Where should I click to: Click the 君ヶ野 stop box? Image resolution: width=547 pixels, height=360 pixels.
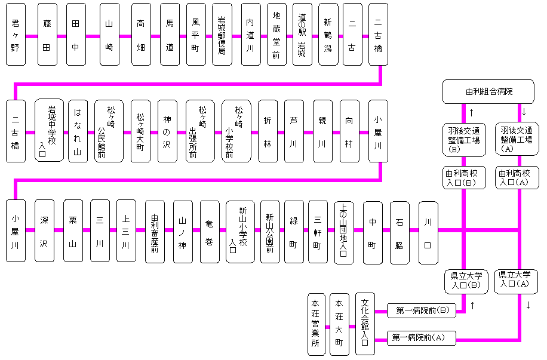pyautogui.click(x=16, y=35)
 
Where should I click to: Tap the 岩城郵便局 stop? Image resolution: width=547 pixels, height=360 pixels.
pyautogui.click(x=222, y=35)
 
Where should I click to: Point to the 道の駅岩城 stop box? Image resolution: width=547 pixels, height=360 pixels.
pyautogui.click(x=302, y=35)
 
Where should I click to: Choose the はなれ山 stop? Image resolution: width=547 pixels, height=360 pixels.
pyautogui.click(x=78, y=131)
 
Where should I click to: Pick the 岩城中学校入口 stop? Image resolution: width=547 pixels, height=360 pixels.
pyautogui.click(x=49, y=131)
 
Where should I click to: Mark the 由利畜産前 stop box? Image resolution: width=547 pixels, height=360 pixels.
pyautogui.click(x=155, y=230)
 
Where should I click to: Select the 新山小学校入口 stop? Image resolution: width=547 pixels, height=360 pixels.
pyautogui.click(x=240, y=230)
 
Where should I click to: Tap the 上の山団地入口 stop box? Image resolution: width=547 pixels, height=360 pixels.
pyautogui.click(x=344, y=230)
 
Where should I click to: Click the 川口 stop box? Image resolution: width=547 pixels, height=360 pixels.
pyautogui.click(x=428, y=230)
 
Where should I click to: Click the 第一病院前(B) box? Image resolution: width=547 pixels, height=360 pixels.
pyautogui.click(x=422, y=310)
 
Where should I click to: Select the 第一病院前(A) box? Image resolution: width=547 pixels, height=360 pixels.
pyautogui.click(x=422, y=339)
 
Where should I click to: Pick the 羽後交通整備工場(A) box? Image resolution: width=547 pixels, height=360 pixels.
pyautogui.click(x=517, y=139)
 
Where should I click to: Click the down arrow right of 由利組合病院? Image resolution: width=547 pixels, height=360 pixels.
pyautogui.click(x=524, y=112)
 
